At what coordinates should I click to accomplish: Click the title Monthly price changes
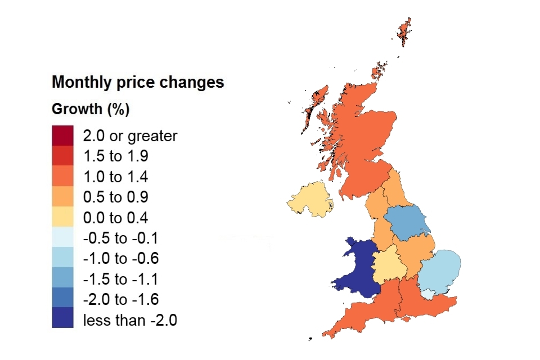point(138,83)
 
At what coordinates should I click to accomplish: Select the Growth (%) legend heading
point(91,109)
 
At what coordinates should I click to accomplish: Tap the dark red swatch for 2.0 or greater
point(62,136)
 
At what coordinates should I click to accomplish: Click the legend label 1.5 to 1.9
point(116,156)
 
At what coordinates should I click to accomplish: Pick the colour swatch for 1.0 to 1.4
point(62,177)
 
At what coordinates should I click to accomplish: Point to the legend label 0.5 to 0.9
point(116,197)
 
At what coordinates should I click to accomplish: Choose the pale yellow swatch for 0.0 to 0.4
point(62,218)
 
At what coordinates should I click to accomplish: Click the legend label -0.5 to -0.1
point(121,238)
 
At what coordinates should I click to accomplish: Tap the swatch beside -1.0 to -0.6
point(62,259)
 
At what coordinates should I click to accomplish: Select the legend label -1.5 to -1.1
point(121,280)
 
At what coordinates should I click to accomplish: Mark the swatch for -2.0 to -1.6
point(62,300)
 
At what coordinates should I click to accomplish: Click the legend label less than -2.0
point(130,321)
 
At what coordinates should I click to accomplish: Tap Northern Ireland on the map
point(309,200)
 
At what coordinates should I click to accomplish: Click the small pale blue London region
point(429,294)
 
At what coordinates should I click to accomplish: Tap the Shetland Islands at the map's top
point(403,30)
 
